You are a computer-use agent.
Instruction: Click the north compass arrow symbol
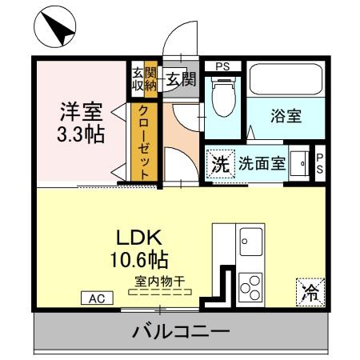click(55, 27)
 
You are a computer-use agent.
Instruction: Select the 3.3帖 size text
click(81, 134)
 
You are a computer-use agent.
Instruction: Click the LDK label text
click(142, 238)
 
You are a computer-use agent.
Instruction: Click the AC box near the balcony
click(97, 298)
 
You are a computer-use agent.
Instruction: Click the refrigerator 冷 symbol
click(308, 291)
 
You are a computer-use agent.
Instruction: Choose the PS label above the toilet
click(222, 66)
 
